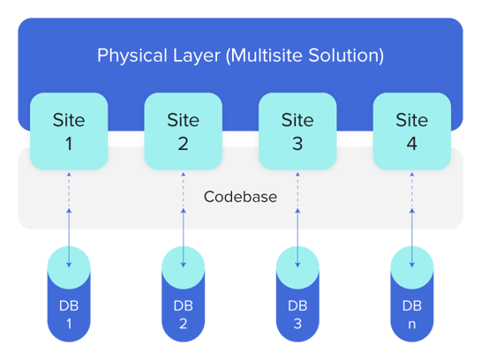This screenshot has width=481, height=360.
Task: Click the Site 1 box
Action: coord(69,131)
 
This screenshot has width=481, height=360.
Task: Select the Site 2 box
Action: coord(184,131)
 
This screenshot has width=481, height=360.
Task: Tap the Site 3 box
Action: coord(297,131)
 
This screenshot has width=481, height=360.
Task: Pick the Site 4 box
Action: coord(412,131)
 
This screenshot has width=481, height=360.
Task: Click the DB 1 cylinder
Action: coord(69,294)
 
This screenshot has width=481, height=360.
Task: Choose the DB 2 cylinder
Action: coord(184,294)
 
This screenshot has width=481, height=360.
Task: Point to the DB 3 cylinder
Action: coord(297,294)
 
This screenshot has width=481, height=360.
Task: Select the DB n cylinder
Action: coord(412,294)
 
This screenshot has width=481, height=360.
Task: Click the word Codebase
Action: coord(240,197)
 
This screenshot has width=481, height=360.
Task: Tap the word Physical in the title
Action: coord(132,56)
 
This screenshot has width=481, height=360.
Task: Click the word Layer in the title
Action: coord(197,56)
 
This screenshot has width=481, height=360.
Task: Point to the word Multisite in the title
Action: coord(265,56)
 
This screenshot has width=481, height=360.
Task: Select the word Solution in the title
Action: coord(346,56)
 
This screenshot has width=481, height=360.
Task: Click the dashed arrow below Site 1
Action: coord(69,190)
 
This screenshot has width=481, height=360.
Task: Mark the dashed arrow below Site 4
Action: coord(412,190)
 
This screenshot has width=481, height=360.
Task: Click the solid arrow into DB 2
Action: coord(184,238)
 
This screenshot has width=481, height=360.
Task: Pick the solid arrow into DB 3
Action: coord(297,238)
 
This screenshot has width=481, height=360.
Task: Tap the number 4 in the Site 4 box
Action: coord(412,144)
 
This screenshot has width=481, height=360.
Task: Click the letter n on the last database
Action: coord(412,325)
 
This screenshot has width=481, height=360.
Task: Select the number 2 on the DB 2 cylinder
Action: coord(184,324)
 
